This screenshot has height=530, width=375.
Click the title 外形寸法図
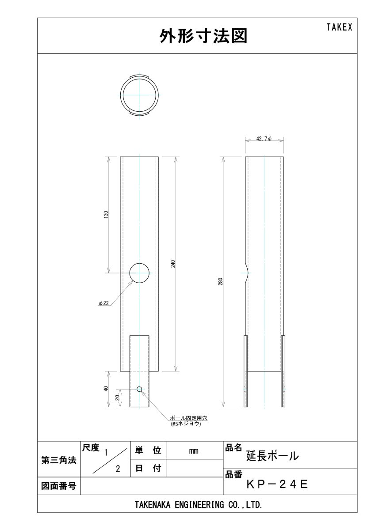(203, 37)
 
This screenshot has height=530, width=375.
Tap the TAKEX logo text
(339, 27)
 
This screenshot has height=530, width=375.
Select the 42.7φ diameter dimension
(264, 140)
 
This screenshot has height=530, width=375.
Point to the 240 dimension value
(174, 264)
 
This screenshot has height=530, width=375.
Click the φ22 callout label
(103, 303)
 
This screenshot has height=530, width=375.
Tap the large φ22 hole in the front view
(139, 273)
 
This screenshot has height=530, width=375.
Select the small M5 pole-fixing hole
(139, 389)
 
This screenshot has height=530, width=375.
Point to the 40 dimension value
(106, 389)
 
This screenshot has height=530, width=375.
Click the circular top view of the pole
(139, 96)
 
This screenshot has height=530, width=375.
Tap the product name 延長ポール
(272, 455)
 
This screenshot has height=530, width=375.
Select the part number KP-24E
(277, 484)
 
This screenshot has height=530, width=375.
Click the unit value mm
(193, 451)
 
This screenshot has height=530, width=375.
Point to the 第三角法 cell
(58, 460)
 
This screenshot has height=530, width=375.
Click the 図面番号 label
(58, 486)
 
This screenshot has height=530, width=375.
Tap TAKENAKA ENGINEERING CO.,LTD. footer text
(198, 504)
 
